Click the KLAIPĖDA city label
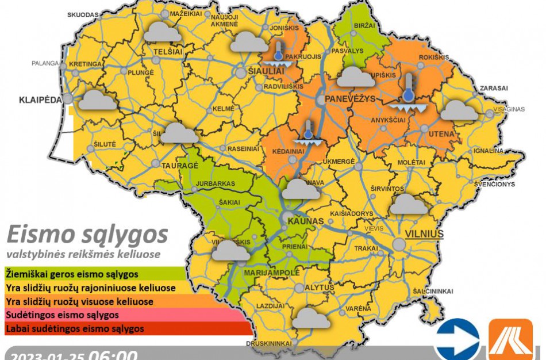pyautogui.click(x=40, y=99)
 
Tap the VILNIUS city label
pyautogui.click(x=425, y=234)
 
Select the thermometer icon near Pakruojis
pyautogui.click(x=278, y=53)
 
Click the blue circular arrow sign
pyautogui.click(x=457, y=339)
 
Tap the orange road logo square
pyautogui.click(x=510, y=339)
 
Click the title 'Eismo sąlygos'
pyautogui.click(x=87, y=235)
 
